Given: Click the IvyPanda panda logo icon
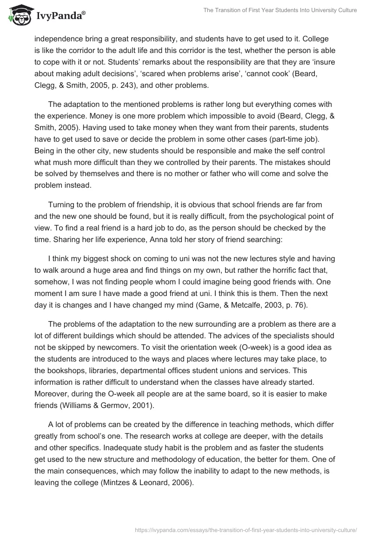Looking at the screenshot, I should (19, 15).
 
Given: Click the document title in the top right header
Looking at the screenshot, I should (280, 10).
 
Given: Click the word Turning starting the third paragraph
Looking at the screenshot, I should (63, 204).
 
